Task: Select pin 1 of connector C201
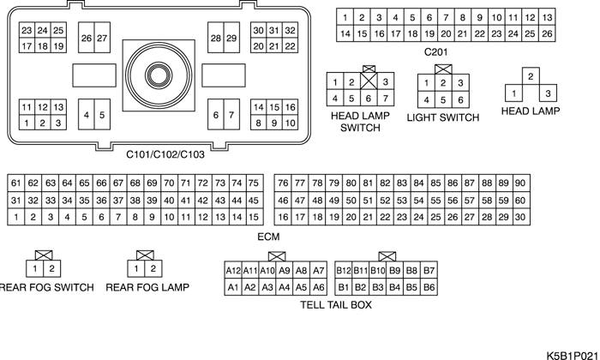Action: pyautogui.click(x=345, y=17)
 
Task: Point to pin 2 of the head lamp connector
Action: pyautogui.click(x=531, y=77)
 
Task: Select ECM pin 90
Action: pyautogui.click(x=519, y=183)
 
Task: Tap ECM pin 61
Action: pyautogui.click(x=16, y=183)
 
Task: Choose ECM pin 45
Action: pyautogui.click(x=253, y=200)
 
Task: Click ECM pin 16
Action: pyautogui.click(x=283, y=217)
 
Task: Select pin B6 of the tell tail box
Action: pyautogui.click(x=429, y=287)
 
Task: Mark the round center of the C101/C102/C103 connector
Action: pyautogui.click(x=159, y=74)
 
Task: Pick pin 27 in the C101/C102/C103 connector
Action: pyautogui.click(x=102, y=39)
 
